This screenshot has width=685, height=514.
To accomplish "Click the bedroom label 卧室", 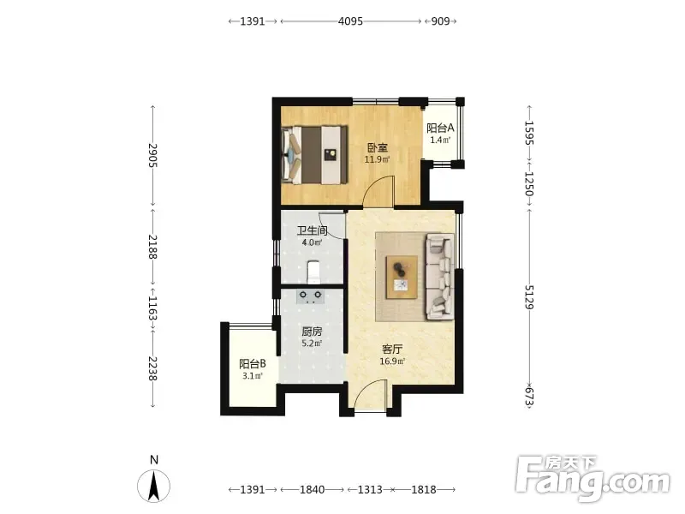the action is (377, 147).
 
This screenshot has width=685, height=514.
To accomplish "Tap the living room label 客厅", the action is (392, 350).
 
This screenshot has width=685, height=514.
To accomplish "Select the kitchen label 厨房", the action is (312, 332).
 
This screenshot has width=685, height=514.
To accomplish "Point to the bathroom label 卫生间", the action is (312, 230).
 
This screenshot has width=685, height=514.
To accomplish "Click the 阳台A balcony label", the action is (440, 128).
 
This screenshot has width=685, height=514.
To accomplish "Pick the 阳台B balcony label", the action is (253, 363).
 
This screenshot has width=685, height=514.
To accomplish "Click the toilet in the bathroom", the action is (313, 272).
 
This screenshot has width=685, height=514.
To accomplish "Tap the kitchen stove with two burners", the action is (311, 296).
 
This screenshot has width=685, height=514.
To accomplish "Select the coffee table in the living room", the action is (402, 278).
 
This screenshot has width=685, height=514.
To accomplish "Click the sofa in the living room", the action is (440, 276).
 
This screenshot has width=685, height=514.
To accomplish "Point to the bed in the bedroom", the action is (315, 155).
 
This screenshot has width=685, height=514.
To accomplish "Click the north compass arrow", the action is (154, 486).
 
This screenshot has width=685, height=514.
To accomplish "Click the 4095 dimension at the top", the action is (350, 21).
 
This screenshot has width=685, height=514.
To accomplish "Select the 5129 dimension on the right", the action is (529, 297).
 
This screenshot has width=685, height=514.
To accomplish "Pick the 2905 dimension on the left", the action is (152, 155).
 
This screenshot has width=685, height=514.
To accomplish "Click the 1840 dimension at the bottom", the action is (312, 489).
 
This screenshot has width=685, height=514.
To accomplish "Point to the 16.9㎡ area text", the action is (392, 361).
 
